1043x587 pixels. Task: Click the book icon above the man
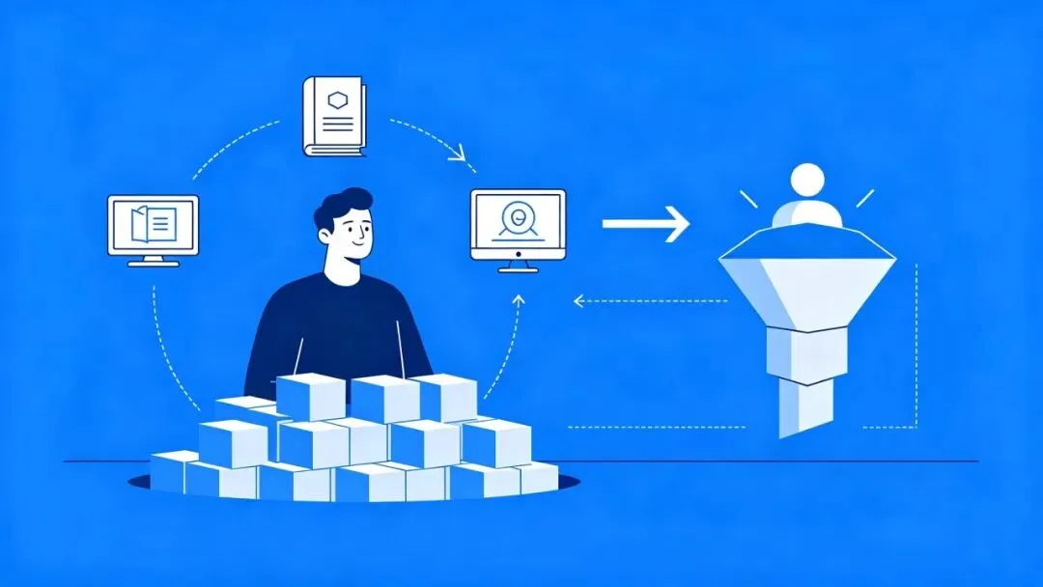point(335,116)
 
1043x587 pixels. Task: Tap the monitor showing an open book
point(154,225)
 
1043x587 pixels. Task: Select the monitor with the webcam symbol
point(518,224)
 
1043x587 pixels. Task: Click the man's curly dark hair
point(346,206)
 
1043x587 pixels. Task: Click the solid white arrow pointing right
point(645,224)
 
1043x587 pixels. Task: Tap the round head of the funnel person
point(807,181)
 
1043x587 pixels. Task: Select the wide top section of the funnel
point(808,280)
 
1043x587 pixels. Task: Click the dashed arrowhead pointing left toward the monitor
point(578,300)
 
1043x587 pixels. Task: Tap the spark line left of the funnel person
point(748,199)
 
